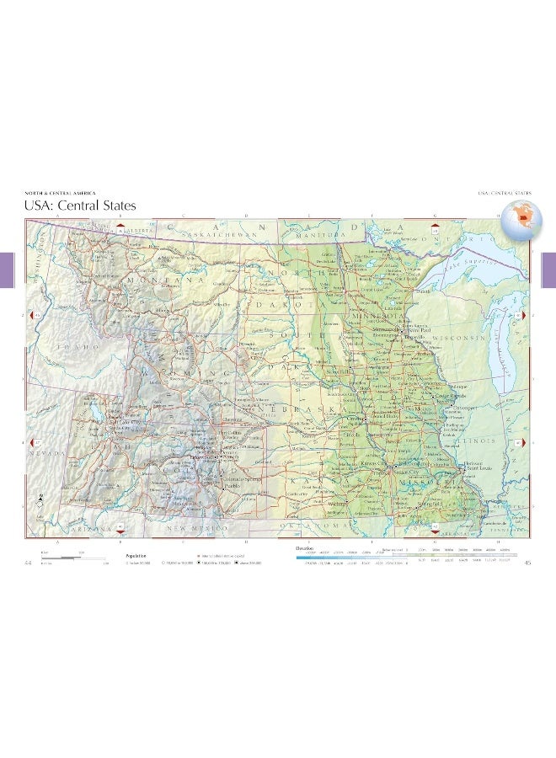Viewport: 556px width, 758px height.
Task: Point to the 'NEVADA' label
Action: tap(48, 453)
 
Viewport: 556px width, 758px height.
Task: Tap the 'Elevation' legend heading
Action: tap(304, 547)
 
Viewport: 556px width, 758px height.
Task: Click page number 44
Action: tap(29, 563)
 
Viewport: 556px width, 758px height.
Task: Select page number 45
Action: tap(527, 563)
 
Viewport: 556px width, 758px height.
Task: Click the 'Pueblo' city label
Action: tap(233, 486)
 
